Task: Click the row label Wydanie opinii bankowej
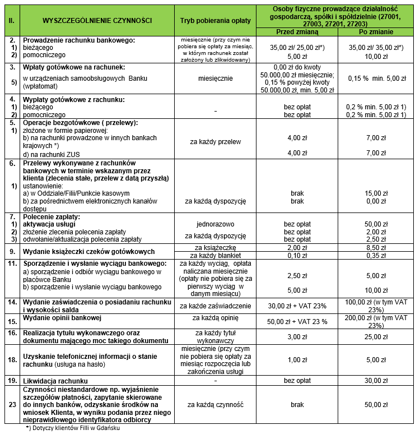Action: [x=63, y=317]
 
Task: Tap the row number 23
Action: [x=11, y=404]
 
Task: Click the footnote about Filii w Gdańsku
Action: [x=73, y=428]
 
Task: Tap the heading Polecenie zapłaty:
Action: [x=52, y=216]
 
